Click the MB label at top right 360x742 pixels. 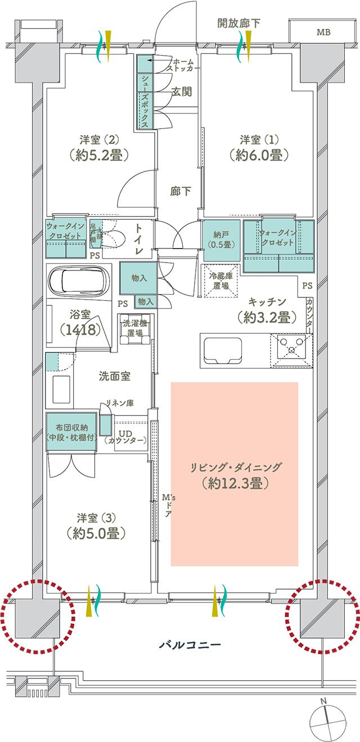coord(323,32)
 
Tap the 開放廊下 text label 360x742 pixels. coord(238,23)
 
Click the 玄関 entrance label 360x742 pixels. coord(182,92)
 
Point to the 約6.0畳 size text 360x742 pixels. coord(258,156)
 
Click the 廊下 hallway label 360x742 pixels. coord(180,191)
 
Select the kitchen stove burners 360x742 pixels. coord(291,350)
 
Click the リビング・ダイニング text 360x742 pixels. coord(235,467)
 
